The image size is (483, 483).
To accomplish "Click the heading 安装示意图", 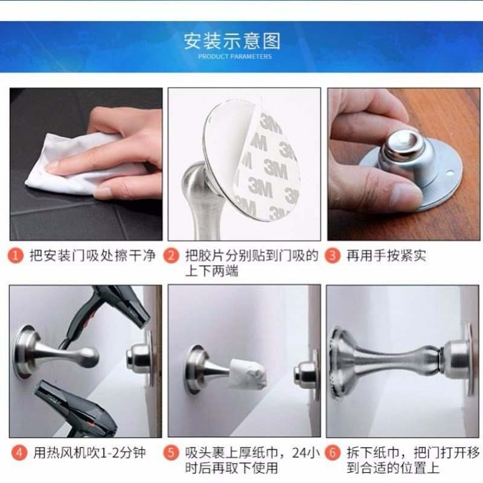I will click(x=232, y=41).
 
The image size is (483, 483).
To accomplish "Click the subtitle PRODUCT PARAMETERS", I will click(x=235, y=57).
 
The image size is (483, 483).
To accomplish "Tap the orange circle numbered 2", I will click(x=174, y=255).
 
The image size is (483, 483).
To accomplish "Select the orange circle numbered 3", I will click(x=333, y=255).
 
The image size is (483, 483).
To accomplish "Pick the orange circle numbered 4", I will click(x=18, y=452).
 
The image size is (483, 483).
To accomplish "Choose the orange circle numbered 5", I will click(x=174, y=452).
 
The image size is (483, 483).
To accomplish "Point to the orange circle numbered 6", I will click(x=333, y=452).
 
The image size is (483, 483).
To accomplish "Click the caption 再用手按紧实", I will click(x=386, y=255).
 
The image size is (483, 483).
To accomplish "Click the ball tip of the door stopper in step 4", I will click(x=89, y=356).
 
